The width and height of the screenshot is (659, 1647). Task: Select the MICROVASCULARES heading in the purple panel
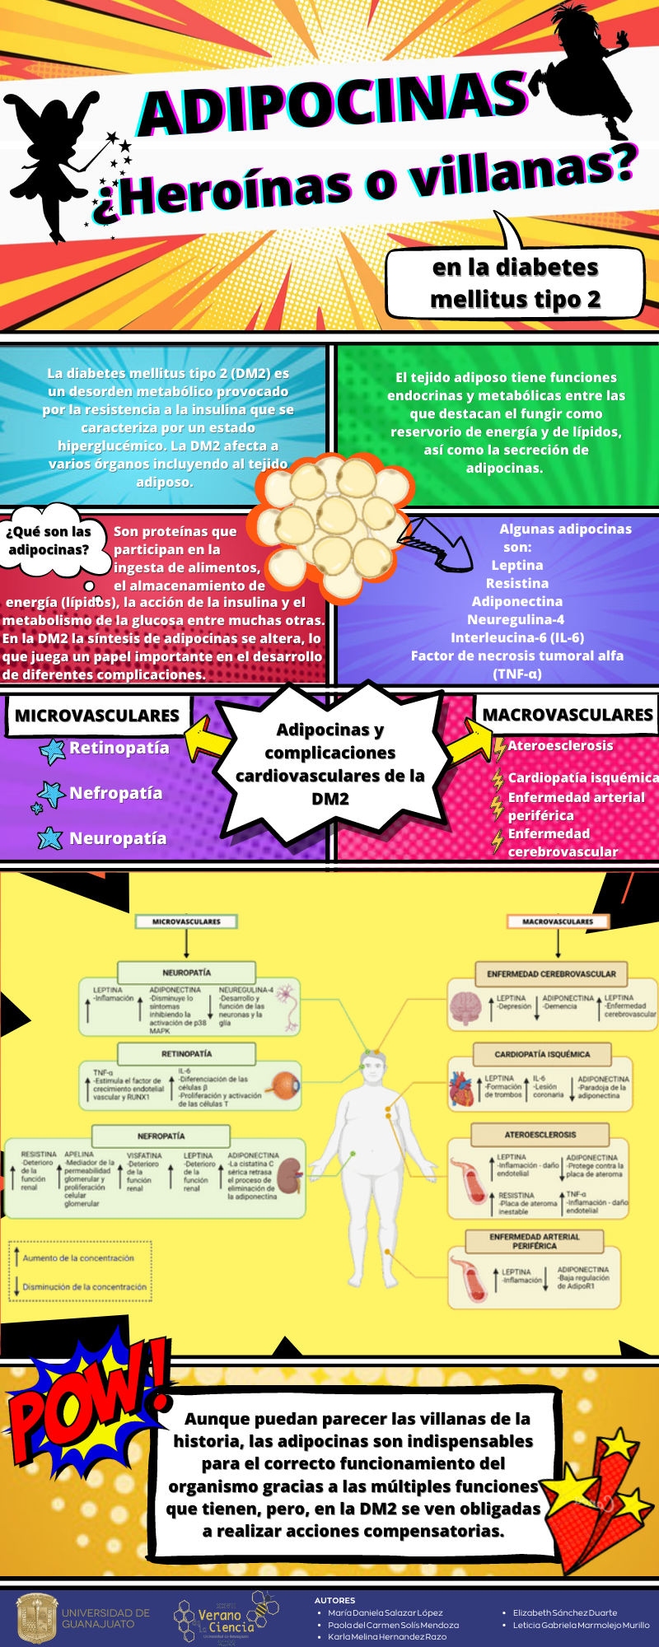coord(97,716)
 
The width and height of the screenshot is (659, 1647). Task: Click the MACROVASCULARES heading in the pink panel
coord(568,715)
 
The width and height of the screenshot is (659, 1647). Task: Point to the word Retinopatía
coord(119,748)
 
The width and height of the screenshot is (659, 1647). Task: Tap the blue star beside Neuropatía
coord(50,838)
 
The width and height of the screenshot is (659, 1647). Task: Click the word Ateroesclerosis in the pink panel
coord(560,745)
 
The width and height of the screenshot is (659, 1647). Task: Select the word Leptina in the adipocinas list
coord(517,565)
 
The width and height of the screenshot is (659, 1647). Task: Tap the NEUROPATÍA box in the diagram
coord(186,973)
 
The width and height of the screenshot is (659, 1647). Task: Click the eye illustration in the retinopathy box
coord(286,1086)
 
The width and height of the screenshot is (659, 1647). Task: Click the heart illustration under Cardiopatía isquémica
coord(462,1088)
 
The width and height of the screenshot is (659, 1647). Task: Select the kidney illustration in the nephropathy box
coord(289,1176)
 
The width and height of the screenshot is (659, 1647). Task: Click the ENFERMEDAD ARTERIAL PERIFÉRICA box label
coord(535,1241)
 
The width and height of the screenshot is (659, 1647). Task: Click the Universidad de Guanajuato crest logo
coord(38,1617)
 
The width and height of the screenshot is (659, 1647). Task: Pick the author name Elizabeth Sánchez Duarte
coord(564,1612)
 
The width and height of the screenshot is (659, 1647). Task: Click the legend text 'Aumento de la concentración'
coord(78,1257)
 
